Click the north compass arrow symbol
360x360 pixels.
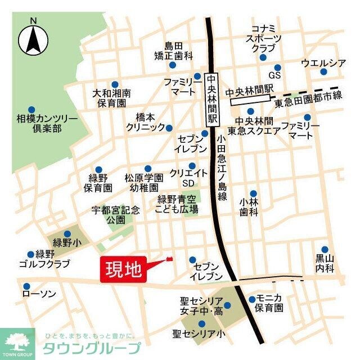pos(33,39)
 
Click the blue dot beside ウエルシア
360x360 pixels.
pos(323,71)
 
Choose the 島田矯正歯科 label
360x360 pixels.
pos(174,51)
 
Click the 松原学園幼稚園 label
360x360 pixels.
pos(144,183)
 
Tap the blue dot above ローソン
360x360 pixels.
pos(26,284)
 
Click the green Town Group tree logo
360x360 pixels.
pos(17,342)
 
